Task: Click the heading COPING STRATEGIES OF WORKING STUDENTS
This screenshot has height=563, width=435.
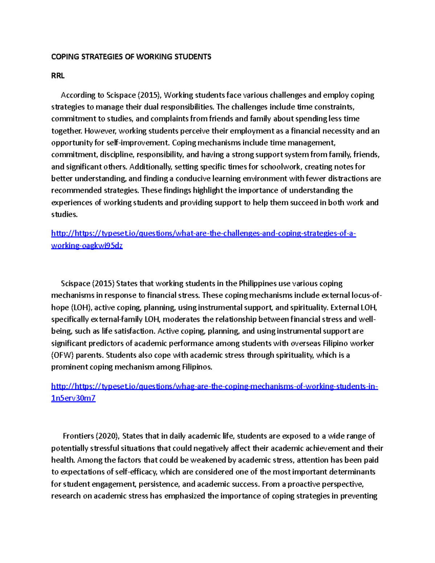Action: [131, 57]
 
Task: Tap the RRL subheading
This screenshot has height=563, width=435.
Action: [58, 76]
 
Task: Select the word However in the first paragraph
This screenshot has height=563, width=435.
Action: [101, 131]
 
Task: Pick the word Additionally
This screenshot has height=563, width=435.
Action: [150, 167]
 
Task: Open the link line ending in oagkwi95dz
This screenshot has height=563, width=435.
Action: [87, 245]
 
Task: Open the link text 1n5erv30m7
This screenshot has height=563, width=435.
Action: [73, 398]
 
